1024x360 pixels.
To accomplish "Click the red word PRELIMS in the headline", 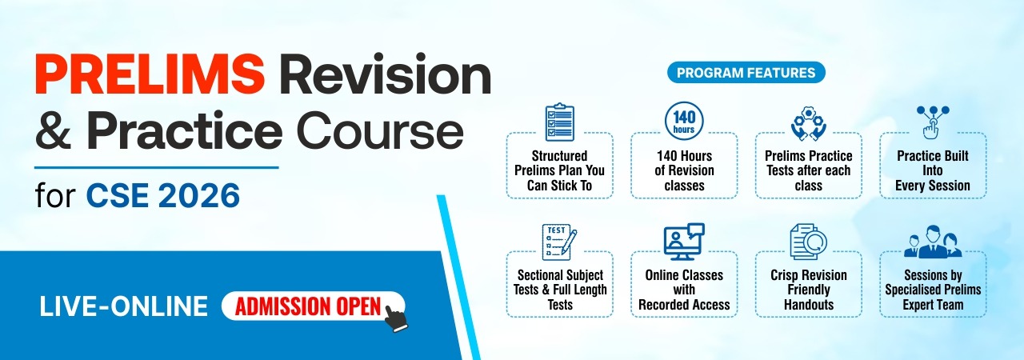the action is point(150,74).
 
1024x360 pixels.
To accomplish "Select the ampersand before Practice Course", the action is point(53,130).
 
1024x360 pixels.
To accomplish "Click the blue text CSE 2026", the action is point(162,195).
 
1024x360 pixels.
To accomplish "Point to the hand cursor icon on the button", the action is point(396,318).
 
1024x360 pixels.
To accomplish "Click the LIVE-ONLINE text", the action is point(123,306).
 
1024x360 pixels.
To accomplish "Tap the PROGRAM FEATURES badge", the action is point(746,73).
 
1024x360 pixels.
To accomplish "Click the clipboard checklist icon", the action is point(559,122).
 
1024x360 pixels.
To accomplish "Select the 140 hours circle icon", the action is point(684,121).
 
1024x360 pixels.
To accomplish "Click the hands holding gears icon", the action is point(809,123).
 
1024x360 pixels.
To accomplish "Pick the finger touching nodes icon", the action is point(933,122).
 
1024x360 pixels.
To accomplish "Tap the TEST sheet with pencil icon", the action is point(559,242).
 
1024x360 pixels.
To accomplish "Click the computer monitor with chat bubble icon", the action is point(684,242).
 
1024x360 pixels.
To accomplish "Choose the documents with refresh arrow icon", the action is point(809,242).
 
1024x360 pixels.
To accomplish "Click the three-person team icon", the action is point(933,242).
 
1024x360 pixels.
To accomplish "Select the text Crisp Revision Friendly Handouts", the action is point(809,290).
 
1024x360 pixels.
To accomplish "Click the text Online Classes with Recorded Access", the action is point(684,290).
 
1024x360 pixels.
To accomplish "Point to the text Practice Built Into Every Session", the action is point(933,170).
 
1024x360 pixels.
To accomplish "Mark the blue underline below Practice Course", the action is point(156,168).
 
